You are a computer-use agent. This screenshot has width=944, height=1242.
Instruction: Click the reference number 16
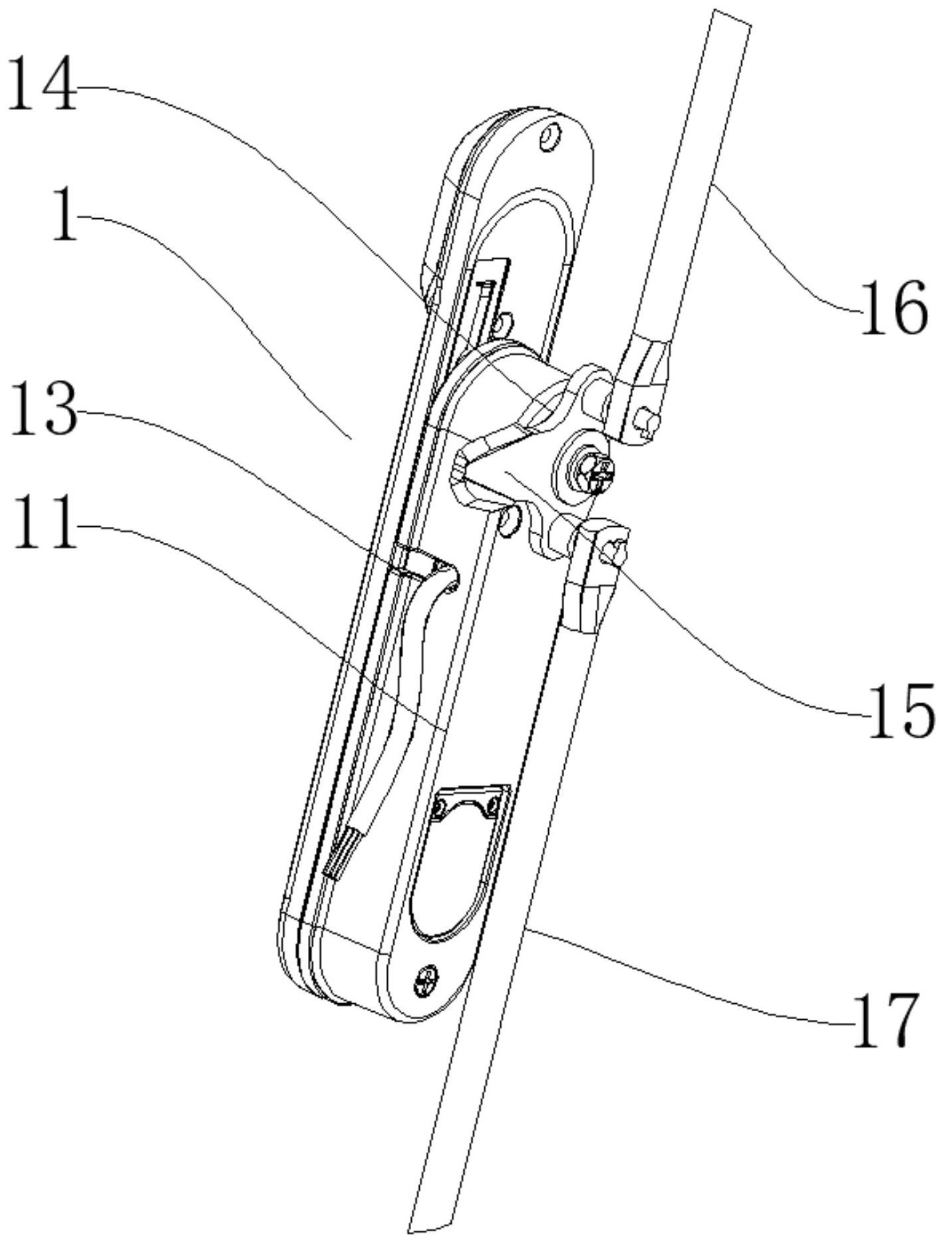click(893, 307)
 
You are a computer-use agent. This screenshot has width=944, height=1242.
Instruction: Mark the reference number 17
click(887, 1020)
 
